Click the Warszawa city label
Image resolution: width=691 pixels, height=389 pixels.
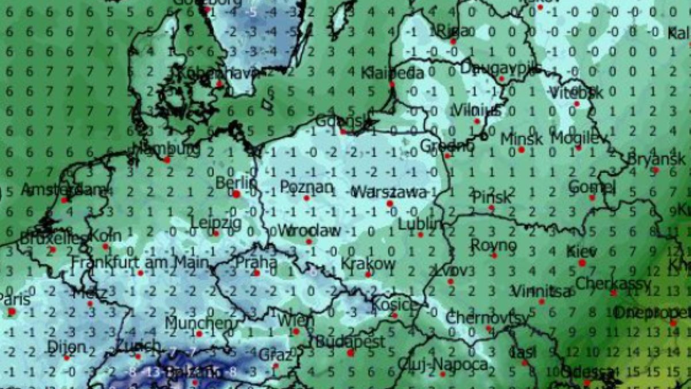click(x=389, y=192)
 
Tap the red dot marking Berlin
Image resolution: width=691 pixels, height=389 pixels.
click(x=236, y=194)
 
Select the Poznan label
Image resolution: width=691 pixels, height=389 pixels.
click(x=306, y=187)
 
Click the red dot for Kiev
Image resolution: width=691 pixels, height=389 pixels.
click(x=582, y=263)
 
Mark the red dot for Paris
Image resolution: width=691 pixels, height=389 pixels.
click(x=12, y=312)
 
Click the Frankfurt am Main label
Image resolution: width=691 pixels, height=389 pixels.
click(x=140, y=263)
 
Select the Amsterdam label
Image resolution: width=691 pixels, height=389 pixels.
click(x=63, y=190)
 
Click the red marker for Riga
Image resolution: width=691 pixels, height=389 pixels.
click(x=453, y=41)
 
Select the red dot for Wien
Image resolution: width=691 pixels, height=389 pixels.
click(x=296, y=331)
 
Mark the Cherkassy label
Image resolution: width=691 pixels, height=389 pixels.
click(x=613, y=284)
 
